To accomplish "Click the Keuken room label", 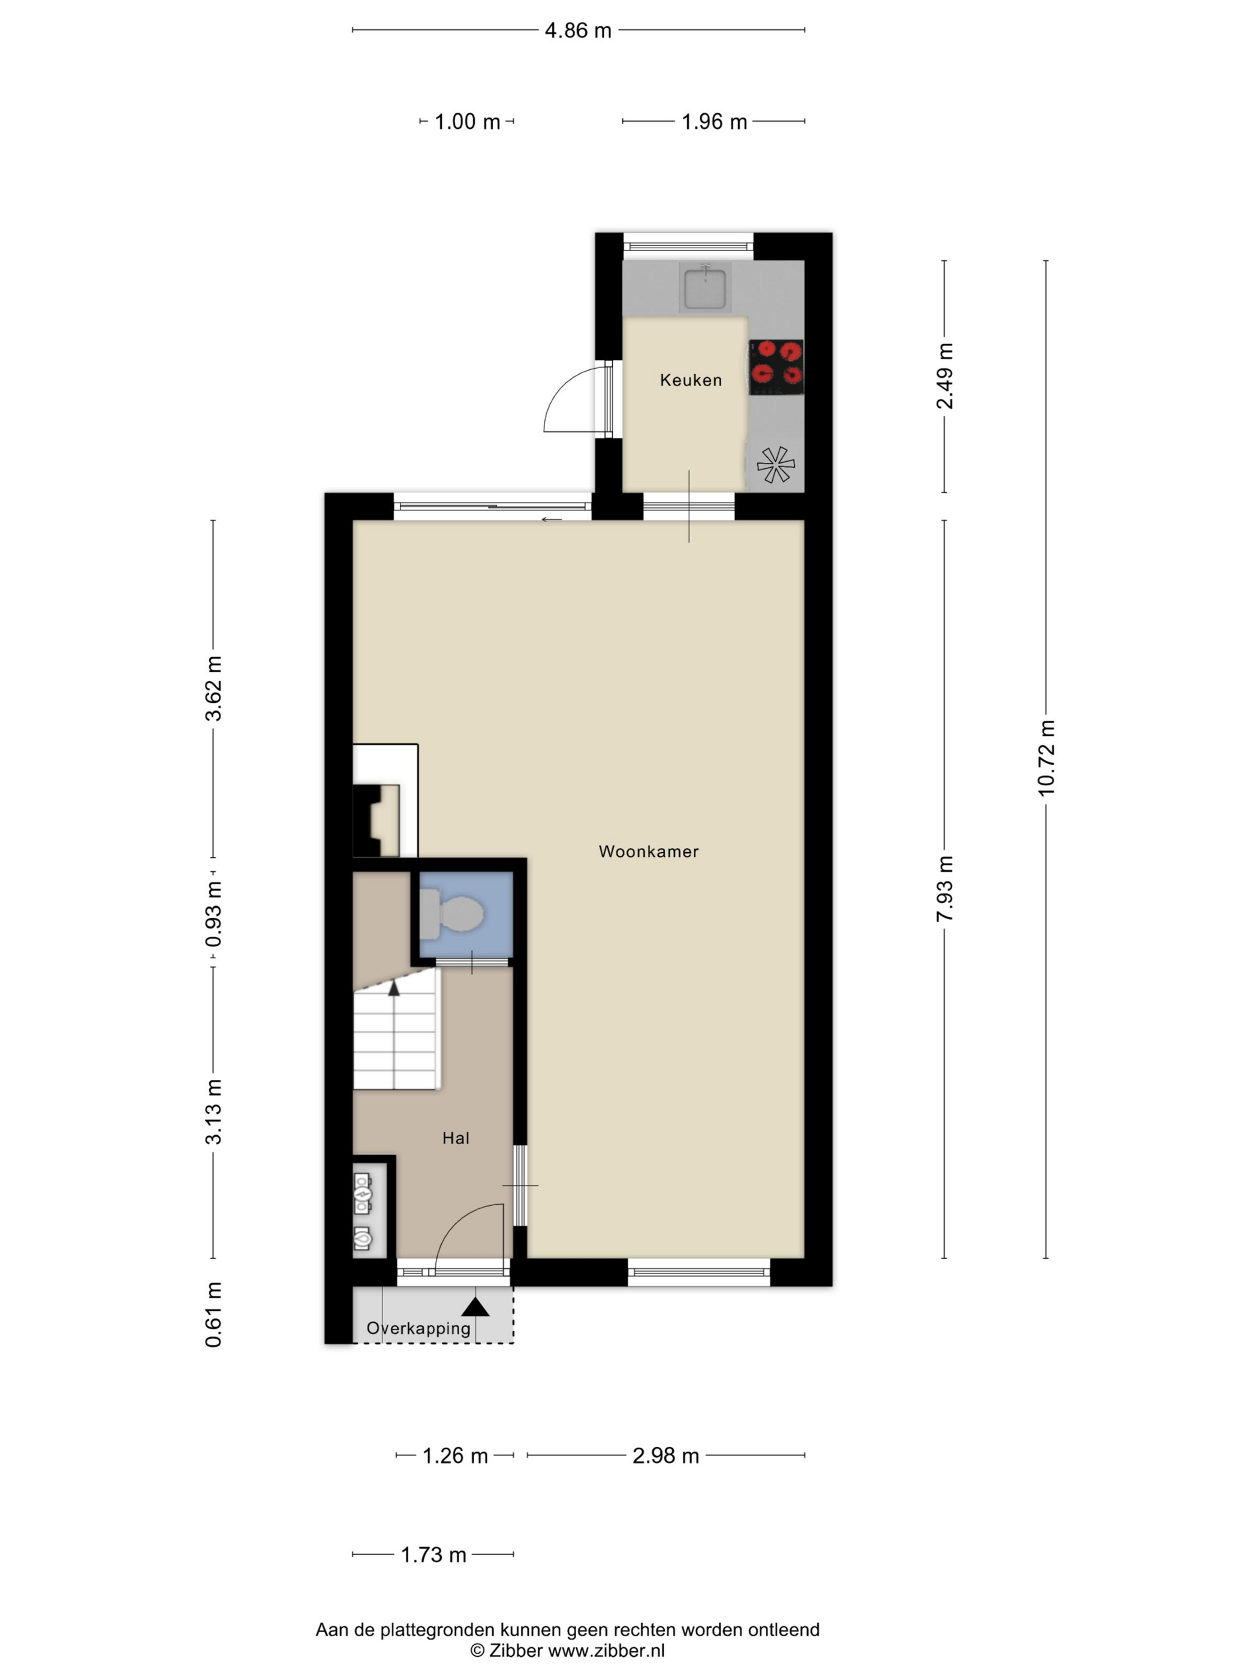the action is pos(691,380).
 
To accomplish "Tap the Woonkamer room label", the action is pos(649,851).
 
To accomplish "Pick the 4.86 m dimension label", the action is pos(579,31).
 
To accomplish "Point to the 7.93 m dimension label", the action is pos(944,888).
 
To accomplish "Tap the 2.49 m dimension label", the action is pos(944,376).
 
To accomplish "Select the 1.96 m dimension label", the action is pos(714,122).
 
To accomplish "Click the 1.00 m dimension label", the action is pos(468,122).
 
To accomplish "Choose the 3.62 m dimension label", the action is pos(213,688).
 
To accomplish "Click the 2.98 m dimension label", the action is pos(665,1456).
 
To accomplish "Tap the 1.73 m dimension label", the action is pos(433,1554).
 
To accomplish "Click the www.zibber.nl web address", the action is pos(606,1650).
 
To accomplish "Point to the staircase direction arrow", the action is pos(393,988).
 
